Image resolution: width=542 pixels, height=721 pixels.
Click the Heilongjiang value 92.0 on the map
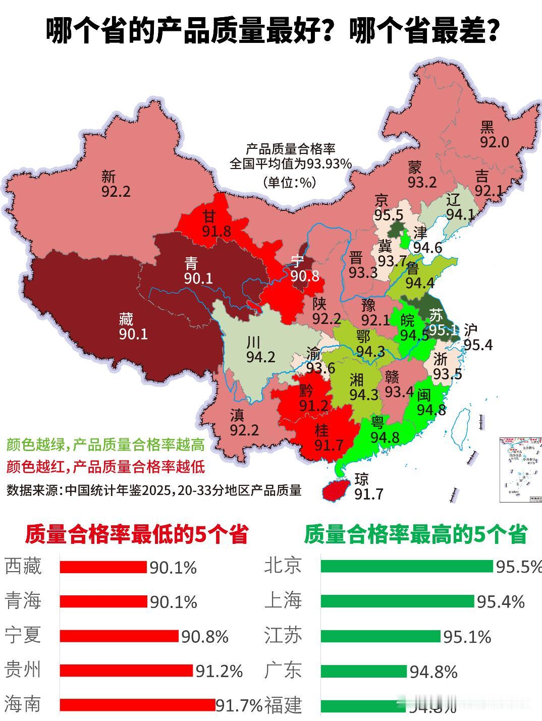(494, 142)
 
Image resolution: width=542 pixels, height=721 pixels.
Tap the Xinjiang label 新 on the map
(109, 177)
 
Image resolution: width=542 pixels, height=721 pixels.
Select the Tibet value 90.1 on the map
(133, 334)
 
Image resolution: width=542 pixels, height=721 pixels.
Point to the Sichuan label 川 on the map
(253, 342)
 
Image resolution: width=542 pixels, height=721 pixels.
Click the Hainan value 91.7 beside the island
(368, 494)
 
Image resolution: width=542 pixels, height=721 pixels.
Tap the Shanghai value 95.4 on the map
(478, 345)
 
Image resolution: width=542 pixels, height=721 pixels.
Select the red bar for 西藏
(103, 567)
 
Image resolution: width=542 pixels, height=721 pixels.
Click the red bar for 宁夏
(119, 636)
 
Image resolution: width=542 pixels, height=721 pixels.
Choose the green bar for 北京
(406, 566)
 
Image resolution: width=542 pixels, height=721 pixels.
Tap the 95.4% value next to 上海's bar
(501, 602)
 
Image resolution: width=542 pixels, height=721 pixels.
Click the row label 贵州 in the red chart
(22, 670)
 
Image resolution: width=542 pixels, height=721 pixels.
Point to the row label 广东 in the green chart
(283, 670)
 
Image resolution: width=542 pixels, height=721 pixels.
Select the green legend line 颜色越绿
(105, 445)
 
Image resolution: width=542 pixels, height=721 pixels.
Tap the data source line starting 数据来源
(154, 490)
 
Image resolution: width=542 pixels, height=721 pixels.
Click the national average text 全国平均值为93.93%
(291, 164)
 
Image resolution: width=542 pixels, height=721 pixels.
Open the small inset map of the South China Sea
(520, 470)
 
